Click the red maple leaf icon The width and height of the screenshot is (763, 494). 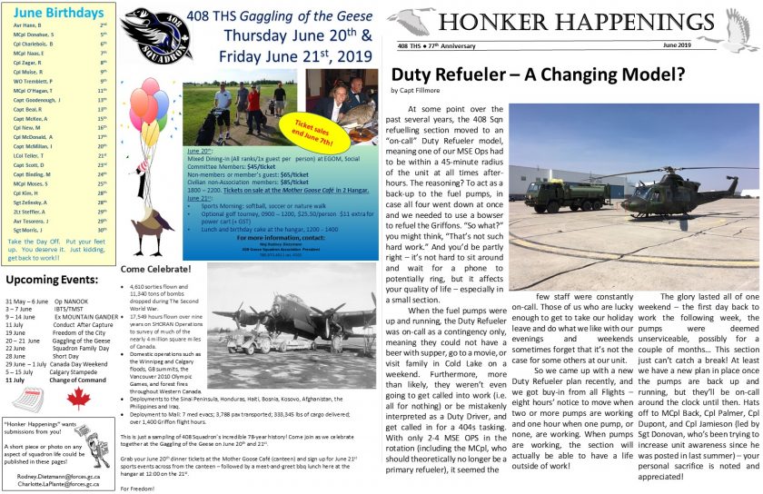tap(79, 398)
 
